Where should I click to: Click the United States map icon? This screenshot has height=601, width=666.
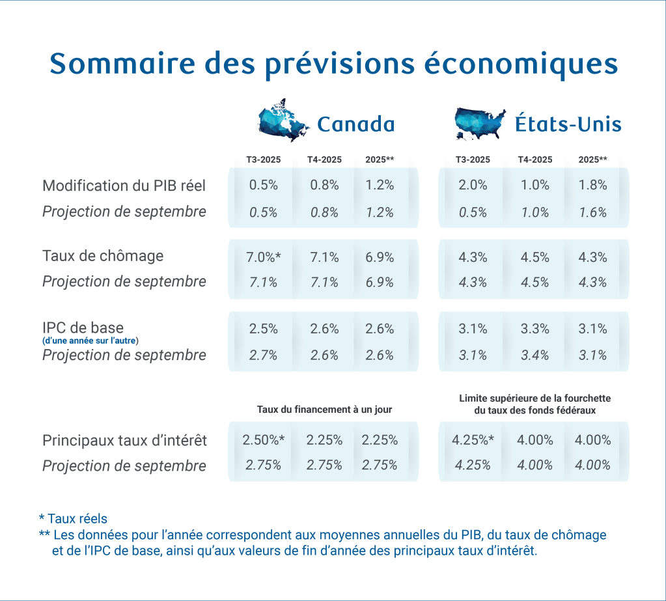pyautogui.click(x=480, y=123)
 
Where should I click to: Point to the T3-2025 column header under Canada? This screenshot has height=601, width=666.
pyautogui.click(x=262, y=160)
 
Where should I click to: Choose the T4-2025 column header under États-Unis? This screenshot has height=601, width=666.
pyautogui.click(x=535, y=160)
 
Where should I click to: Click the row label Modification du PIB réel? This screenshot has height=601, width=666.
pyautogui.click(x=124, y=186)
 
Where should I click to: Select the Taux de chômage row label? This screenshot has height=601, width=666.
pyautogui.click(x=102, y=256)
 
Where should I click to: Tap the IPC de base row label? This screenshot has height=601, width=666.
pyautogui.click(x=83, y=328)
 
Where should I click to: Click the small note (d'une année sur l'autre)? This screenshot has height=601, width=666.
pyautogui.click(x=90, y=341)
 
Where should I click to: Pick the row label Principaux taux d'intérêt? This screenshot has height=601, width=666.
pyautogui.click(x=124, y=441)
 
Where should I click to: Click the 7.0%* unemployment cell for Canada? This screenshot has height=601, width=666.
pyautogui.click(x=264, y=257)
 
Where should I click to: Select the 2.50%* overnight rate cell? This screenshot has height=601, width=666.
pyautogui.click(x=264, y=440)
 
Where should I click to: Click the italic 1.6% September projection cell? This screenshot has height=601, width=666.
pyautogui.click(x=592, y=212)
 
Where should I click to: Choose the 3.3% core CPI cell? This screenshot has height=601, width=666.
pyautogui.click(x=535, y=329)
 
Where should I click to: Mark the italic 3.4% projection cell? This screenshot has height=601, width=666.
pyautogui.click(x=535, y=356)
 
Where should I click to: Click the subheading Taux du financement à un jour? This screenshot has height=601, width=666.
pyautogui.click(x=324, y=410)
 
